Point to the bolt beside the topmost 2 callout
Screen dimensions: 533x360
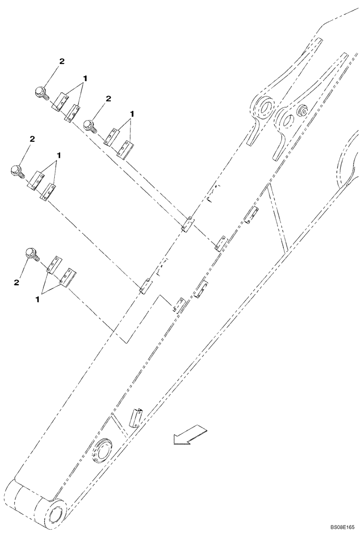(x=41, y=92)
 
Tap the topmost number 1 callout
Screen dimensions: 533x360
(x=84, y=78)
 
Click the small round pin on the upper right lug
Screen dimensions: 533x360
(x=303, y=111)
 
